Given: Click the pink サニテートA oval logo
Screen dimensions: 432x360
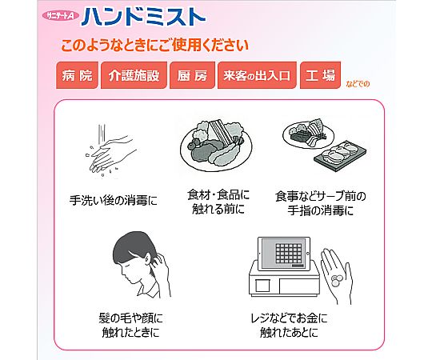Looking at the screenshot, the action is pyautogui.click(x=61, y=16).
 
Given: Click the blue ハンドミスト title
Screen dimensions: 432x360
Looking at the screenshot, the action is pyautogui.click(x=143, y=17).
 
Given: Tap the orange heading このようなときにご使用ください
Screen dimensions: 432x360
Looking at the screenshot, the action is pyautogui.click(x=154, y=46).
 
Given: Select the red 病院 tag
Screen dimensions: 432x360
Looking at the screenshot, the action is pyautogui.click(x=77, y=75).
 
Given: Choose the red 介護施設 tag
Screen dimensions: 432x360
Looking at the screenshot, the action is pyautogui.click(x=134, y=75).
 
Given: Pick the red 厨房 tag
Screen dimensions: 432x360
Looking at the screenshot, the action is pyautogui.click(x=192, y=75).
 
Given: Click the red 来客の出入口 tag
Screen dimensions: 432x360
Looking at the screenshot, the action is pyautogui.click(x=257, y=75).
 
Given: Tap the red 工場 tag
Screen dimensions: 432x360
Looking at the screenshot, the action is pyautogui.click(x=320, y=75).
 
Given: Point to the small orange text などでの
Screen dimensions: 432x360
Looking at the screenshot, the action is pyautogui.click(x=358, y=84).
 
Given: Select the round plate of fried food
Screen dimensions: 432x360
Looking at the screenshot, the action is pyautogui.click(x=216, y=145).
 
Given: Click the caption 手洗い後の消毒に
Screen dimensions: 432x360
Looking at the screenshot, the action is pyautogui.click(x=114, y=200).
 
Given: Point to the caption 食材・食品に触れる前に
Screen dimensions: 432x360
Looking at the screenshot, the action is pyautogui.click(x=218, y=202).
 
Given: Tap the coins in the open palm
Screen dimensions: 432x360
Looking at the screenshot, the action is pyautogui.click(x=336, y=280).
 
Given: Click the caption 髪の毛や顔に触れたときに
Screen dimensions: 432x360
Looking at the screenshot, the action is pyautogui.click(x=130, y=326).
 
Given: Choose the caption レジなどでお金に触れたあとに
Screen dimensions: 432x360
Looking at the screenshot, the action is pyautogui.click(x=289, y=326).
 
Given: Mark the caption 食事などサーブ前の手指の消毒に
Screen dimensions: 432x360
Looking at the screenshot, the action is pyautogui.click(x=321, y=203).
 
